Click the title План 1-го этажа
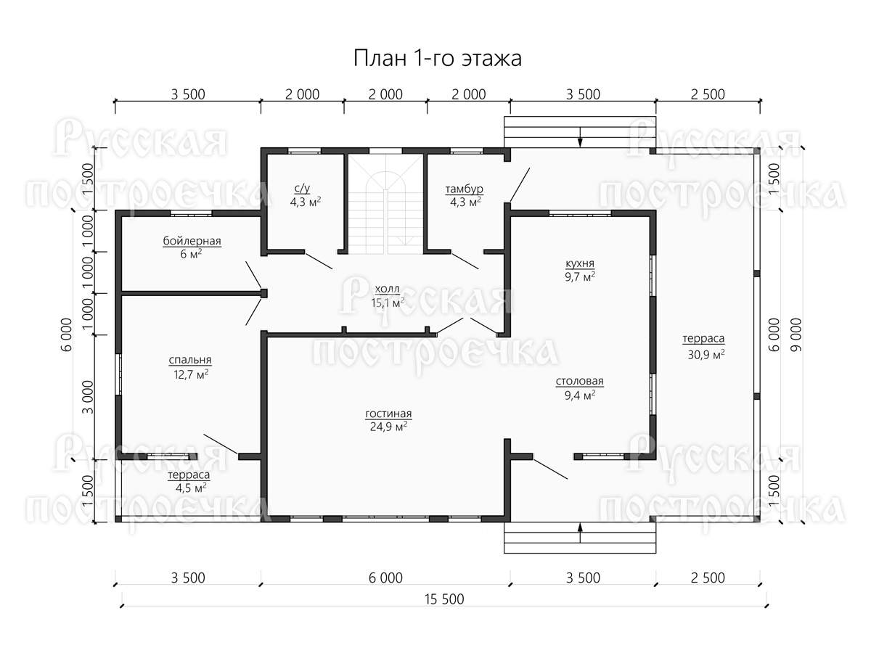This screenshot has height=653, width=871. (437, 59)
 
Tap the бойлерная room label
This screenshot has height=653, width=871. (192, 241)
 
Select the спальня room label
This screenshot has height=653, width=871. (190, 360)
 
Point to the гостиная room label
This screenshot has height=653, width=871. (388, 414)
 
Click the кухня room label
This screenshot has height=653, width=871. (580, 263)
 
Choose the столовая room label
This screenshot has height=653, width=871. (579, 382)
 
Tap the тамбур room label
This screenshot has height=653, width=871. (464, 189)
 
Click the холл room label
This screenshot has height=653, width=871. (388, 289)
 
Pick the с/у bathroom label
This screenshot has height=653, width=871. (303, 189)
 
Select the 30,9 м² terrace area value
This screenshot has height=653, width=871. (706, 354)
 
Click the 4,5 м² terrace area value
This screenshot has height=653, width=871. (191, 488)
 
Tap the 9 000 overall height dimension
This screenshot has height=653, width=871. (796, 334)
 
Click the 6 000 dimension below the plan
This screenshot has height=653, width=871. (385, 578)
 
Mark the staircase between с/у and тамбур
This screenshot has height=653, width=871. (385, 203)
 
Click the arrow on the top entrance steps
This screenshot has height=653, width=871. (580, 137)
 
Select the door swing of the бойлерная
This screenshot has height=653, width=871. (253, 275)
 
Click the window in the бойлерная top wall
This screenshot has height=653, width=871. (192, 213)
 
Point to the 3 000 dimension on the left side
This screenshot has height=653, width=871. (88, 398)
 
